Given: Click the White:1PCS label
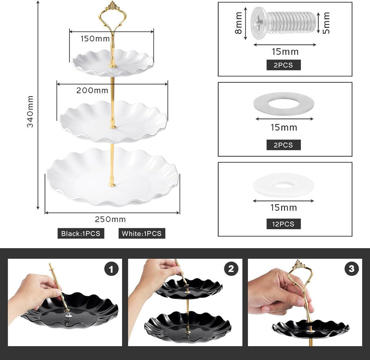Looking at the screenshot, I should click(142, 233).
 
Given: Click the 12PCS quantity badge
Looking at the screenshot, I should click(283, 224).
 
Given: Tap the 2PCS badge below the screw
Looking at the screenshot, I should click(283, 65).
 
